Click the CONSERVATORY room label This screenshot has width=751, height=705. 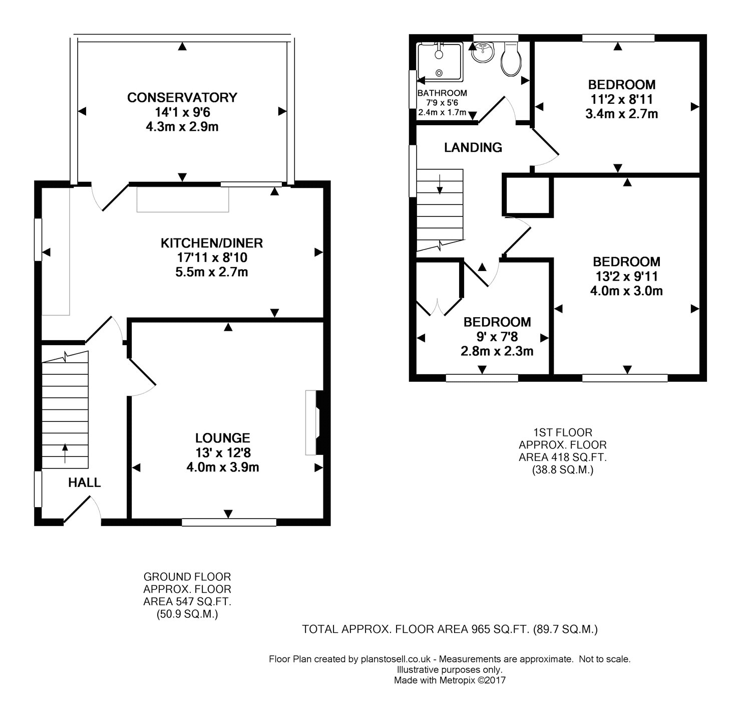click(182, 98)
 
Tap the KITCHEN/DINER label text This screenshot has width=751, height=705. click(212, 243)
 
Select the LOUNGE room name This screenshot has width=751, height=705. click(223, 438)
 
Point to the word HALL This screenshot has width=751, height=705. click(84, 483)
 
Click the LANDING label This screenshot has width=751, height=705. click(473, 147)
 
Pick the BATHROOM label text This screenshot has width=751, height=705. click(442, 93)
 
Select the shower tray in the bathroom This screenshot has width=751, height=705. click(440, 62)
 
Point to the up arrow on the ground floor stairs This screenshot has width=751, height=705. click(65, 453)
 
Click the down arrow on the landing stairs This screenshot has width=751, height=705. click(440, 184)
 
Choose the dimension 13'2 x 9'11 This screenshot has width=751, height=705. click(627, 277)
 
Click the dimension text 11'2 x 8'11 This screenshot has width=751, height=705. click(622, 99)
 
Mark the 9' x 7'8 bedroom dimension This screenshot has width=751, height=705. click(497, 337)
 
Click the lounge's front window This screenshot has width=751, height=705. click(229, 523)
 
